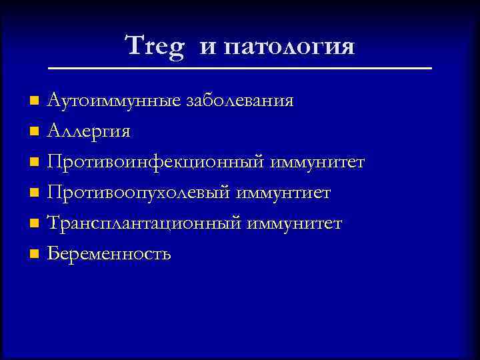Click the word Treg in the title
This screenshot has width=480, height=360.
click(x=154, y=47)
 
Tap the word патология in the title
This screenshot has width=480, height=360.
click(x=289, y=47)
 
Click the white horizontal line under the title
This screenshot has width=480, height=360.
click(x=240, y=69)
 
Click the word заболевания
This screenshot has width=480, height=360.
click(x=239, y=101)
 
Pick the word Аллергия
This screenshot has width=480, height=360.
click(x=89, y=132)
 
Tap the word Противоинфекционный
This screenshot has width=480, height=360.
click(x=157, y=163)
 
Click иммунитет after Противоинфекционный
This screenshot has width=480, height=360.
click(x=318, y=163)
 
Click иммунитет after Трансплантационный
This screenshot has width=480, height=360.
click(x=294, y=223)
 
